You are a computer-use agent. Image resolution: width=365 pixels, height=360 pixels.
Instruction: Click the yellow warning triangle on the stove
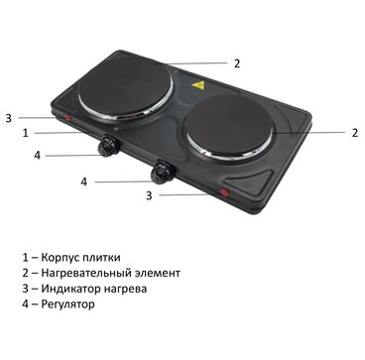click(198, 86)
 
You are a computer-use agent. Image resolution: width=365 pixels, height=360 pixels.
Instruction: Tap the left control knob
click(107, 146)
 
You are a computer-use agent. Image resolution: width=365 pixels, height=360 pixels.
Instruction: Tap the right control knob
click(162, 172)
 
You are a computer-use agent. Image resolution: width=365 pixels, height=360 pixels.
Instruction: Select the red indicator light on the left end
click(68, 118)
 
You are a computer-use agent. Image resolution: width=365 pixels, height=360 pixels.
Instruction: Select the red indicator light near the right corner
click(225, 192)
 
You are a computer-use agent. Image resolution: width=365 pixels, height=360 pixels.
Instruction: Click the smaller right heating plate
click(229, 127)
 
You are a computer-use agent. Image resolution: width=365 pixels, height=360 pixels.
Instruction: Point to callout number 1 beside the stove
click(26, 133)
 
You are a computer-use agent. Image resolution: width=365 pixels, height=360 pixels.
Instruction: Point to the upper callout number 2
click(237, 63)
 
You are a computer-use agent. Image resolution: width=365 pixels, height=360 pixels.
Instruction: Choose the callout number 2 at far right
click(354, 133)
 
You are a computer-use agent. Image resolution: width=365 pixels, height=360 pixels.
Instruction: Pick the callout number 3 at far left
click(9, 118)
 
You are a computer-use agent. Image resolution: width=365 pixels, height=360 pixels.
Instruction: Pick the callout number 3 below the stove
click(149, 195)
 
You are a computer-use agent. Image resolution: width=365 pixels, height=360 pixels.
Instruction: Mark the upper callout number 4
click(38, 155)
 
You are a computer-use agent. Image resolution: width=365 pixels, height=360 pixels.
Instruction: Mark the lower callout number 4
click(84, 181)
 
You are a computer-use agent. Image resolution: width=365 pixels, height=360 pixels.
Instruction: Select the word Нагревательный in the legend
click(86, 274)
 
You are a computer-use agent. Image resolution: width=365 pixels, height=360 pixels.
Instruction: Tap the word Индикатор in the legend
click(70, 289)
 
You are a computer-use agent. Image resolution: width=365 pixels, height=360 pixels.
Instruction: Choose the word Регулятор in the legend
click(67, 304)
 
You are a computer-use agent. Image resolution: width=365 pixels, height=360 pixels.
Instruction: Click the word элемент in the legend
click(158, 274)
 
